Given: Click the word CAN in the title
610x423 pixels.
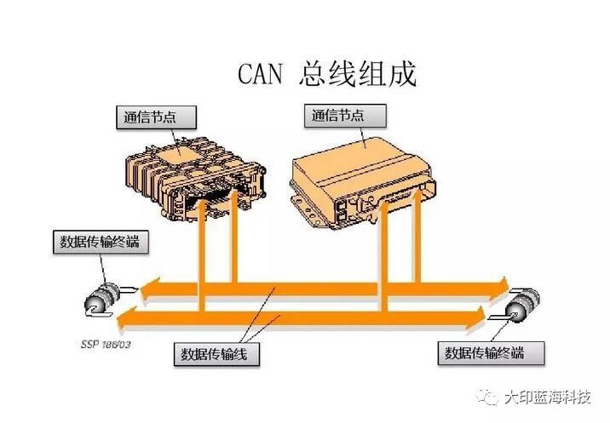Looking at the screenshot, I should (x=261, y=75).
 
